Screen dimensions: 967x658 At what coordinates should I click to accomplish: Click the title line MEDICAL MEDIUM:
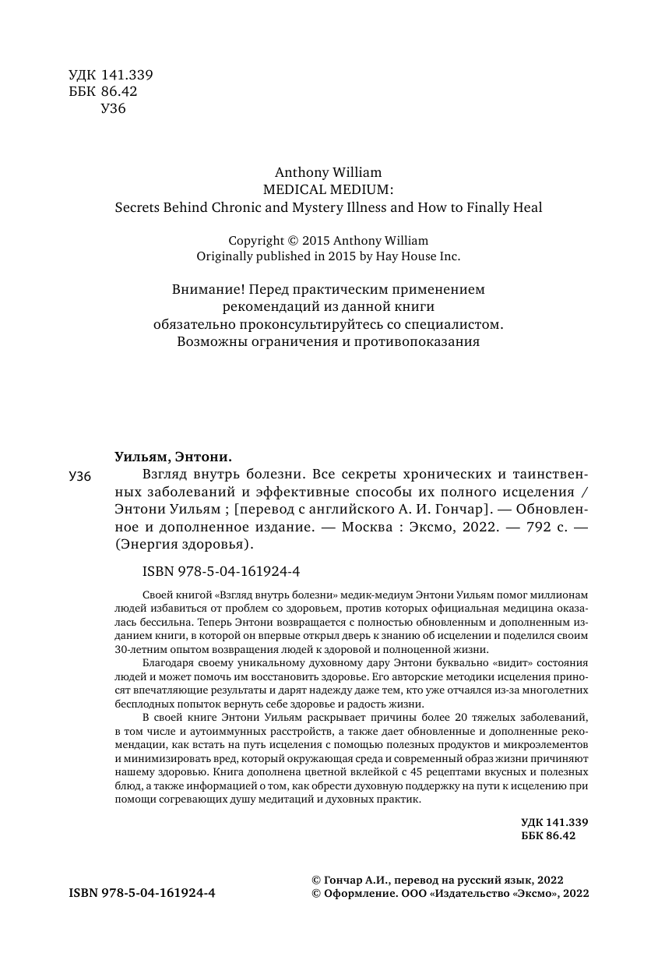329,189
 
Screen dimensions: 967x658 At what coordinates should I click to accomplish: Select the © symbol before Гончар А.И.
315,878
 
